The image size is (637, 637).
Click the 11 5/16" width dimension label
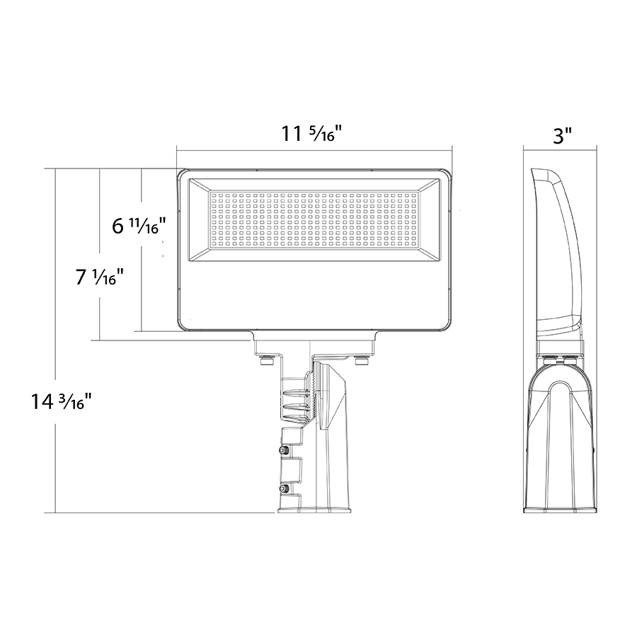click(311, 133)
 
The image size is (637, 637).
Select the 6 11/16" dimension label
click(139, 226)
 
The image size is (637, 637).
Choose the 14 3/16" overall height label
click(59, 402)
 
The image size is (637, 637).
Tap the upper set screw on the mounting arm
click(284, 450)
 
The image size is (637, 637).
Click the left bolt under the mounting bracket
click(267, 360)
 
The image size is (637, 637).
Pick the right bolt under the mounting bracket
click(360, 360)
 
